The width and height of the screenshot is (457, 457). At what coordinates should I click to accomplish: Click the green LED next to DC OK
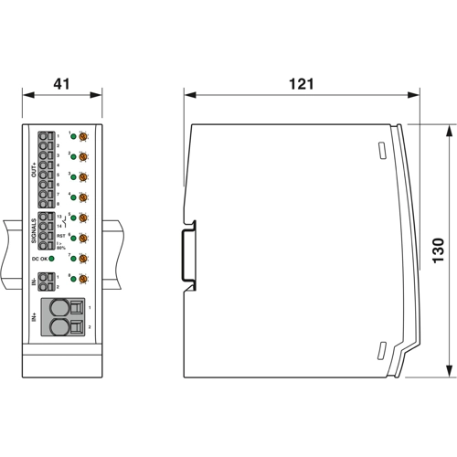pyautogui.click(x=52, y=259)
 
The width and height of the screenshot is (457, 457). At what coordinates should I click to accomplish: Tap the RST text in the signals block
pyautogui.click(x=60, y=235)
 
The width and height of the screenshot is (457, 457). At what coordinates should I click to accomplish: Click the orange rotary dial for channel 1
pyautogui.click(x=83, y=135)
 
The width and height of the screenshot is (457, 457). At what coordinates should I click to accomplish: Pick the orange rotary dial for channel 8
pyautogui.click(x=83, y=279)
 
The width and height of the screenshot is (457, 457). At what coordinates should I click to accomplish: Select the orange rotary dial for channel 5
pyautogui.click(x=83, y=218)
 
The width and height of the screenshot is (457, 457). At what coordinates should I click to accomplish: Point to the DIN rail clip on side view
pyautogui.click(x=188, y=250)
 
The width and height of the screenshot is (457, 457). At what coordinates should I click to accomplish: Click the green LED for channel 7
pyautogui.click(x=73, y=259)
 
